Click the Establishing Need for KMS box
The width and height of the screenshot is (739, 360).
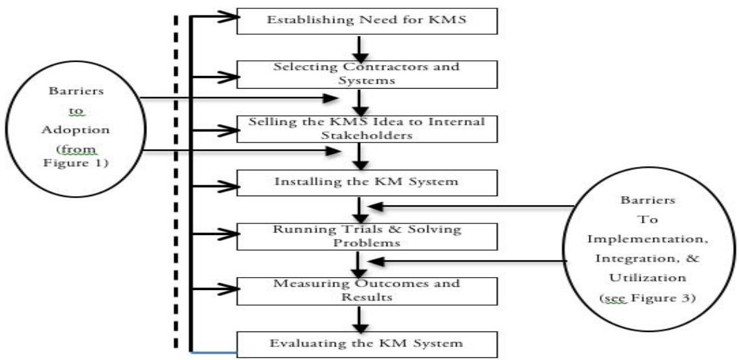pyautogui.click(x=367, y=21)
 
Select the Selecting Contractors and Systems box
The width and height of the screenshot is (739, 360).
pyautogui.click(x=367, y=73)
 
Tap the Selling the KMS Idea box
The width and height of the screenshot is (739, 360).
pyautogui.click(x=367, y=128)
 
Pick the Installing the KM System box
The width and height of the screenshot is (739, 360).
pyautogui.click(x=367, y=181)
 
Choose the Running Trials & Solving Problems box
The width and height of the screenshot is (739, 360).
pyautogui.click(x=367, y=236)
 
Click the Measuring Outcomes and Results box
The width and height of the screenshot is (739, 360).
pyautogui.click(x=367, y=289)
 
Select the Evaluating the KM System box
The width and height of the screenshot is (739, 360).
pyautogui.click(x=367, y=341)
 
